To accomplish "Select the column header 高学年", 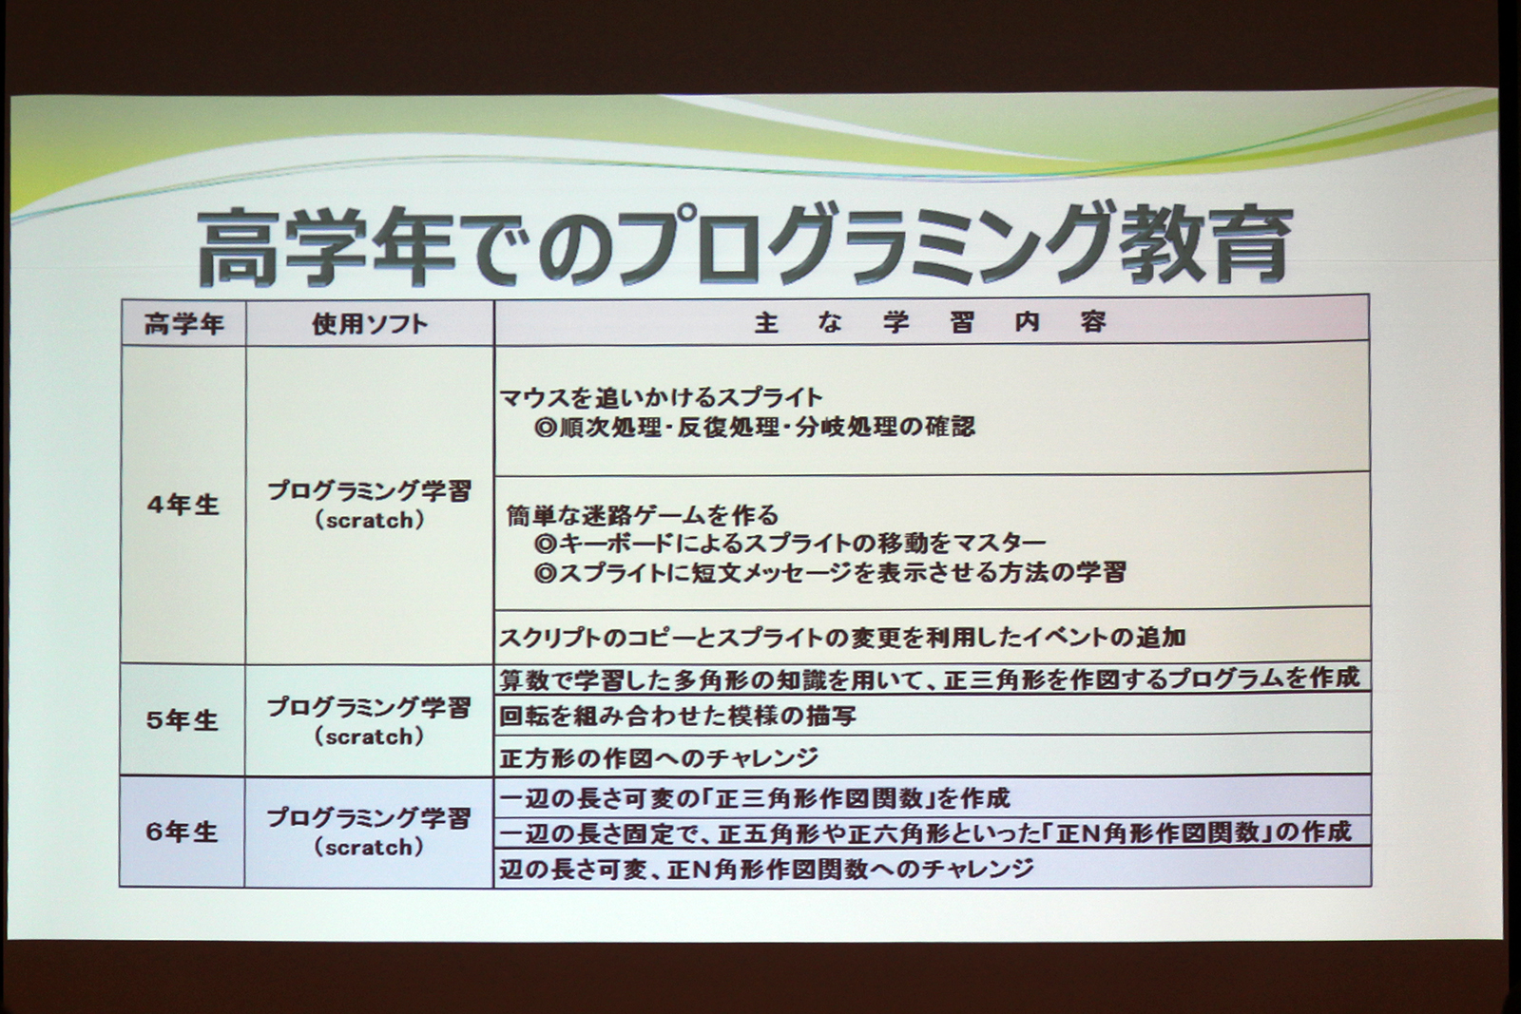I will pyautogui.click(x=183, y=325).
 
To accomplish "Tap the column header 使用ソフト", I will pyautogui.click(x=370, y=325).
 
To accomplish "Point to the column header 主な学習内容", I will pyautogui.click(x=931, y=323).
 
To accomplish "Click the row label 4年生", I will pyautogui.click(x=183, y=505).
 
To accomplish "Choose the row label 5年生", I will pyautogui.click(x=183, y=720).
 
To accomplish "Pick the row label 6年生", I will pyautogui.click(x=183, y=832).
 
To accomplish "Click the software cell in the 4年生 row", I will pyautogui.click(x=370, y=505).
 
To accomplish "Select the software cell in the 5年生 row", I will pyautogui.click(x=370, y=721).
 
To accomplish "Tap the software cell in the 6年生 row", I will pyautogui.click(x=370, y=832).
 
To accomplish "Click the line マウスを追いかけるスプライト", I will pyautogui.click(x=661, y=397).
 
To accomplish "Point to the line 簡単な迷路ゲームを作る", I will pyautogui.click(x=643, y=515).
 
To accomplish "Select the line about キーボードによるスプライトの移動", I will pyautogui.click(x=790, y=544).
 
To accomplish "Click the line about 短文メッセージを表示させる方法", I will pyautogui.click(x=830, y=573).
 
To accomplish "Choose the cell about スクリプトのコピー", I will pyautogui.click(x=842, y=637).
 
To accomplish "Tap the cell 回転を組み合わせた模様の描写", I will pyautogui.click(x=678, y=716).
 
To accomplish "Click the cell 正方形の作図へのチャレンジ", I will pyautogui.click(x=659, y=757).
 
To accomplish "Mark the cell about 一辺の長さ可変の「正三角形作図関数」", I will pyautogui.click(x=755, y=796).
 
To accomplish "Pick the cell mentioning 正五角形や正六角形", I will pyautogui.click(x=925, y=832).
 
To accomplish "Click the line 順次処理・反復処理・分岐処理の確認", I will pyautogui.click(x=755, y=427).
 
